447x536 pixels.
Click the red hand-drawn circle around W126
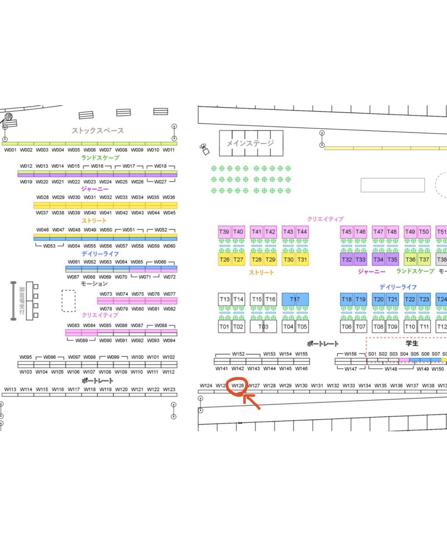coord(237,387)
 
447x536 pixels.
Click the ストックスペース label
coord(98,131)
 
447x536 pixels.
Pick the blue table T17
coord(295,299)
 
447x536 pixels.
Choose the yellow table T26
coord(225,260)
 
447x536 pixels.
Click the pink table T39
coord(225,231)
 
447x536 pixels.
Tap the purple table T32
coord(347,260)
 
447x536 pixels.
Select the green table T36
coord(410,260)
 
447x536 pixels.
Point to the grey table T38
coord(442,260)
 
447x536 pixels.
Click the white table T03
coord(263,327)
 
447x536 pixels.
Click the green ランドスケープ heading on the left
coord(100,158)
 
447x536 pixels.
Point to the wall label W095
coord(26,357)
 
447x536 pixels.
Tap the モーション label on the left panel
coord(94,284)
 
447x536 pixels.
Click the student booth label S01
coord(372,354)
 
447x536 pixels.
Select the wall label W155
coord(302,354)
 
